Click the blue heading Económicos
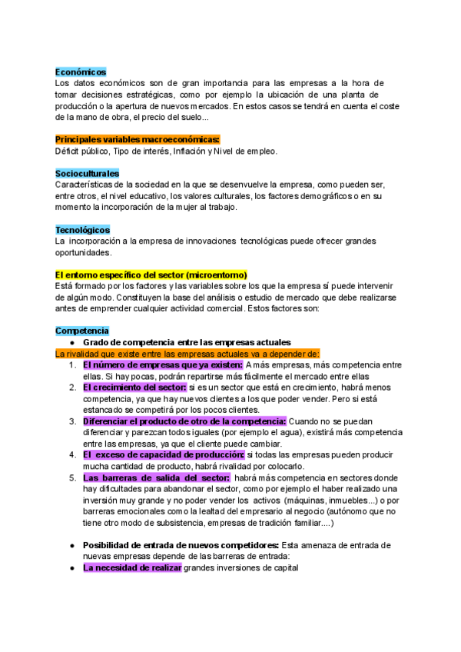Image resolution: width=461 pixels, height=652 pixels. pos(81,72)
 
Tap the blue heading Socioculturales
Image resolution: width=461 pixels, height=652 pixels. pos(88,174)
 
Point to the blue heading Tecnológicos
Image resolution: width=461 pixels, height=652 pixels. pos(83,229)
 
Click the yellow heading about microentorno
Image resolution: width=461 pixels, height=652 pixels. pos(151,274)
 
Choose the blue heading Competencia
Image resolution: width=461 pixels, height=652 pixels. pos(82,331)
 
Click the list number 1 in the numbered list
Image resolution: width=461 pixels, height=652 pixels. pos(71,365)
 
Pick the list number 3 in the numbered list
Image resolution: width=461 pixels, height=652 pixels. pos(71,421)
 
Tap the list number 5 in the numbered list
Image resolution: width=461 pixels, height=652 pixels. pos(71,477)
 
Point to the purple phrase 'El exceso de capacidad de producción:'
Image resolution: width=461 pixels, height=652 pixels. pos(163,455)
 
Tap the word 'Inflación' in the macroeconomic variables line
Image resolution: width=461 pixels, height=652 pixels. pos(189,151)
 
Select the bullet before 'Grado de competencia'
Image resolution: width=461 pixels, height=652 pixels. pos(71,342)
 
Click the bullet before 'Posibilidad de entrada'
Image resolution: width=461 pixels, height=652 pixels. pos(71,545)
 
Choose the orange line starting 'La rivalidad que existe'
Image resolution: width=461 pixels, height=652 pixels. pos(187,354)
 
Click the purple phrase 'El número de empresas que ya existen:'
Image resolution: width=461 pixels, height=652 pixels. pos(163,365)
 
